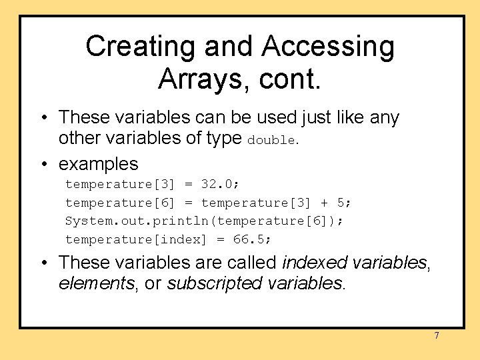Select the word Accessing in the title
tap(328, 47)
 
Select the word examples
tap(99, 163)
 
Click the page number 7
tap(437, 335)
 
